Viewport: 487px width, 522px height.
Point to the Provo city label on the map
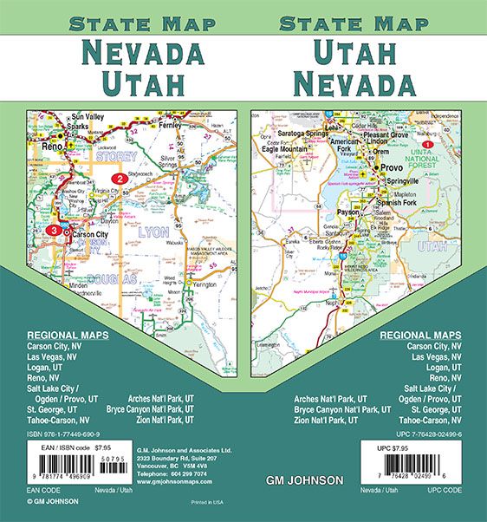pos(392,167)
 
